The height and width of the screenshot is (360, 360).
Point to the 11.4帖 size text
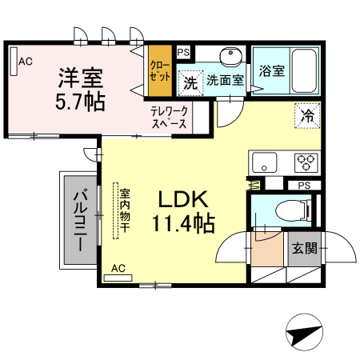(x=183, y=223)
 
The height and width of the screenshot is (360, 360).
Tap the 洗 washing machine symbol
(x=190, y=82)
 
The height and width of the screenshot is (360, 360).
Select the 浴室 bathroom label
(x=270, y=70)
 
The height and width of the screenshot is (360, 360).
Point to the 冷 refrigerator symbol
(x=307, y=115)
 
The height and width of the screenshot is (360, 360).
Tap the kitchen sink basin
(x=264, y=162)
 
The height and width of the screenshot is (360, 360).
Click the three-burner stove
(x=306, y=162)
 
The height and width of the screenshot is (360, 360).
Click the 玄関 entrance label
(x=304, y=248)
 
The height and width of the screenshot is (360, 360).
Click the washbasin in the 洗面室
(x=230, y=56)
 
